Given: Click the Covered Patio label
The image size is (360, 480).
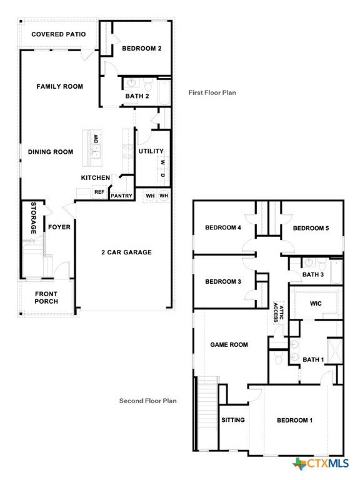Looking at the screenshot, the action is point(59,34).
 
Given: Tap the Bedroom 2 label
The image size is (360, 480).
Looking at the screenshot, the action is point(142,48).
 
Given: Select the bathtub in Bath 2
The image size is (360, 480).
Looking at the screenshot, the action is point(164,92).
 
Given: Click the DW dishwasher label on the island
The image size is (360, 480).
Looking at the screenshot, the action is point(96,139).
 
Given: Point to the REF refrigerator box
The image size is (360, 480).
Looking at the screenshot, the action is point(99,192).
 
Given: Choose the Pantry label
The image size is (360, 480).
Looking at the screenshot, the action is point(121,196).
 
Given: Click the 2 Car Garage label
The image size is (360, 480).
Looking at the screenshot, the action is point(126,252).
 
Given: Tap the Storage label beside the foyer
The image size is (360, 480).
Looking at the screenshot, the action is point(33,218).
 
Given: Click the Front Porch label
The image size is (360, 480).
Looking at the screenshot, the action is point(46,297).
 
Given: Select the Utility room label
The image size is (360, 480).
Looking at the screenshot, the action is point(151,151).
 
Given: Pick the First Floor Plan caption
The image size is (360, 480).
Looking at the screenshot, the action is point(212,92).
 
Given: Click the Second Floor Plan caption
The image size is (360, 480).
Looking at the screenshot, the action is point(148,401).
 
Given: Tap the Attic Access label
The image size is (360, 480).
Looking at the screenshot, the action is point(278,312).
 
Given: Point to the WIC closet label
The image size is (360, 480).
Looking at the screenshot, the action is point(316,304).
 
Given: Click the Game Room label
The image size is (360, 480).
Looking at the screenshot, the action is point(229,345).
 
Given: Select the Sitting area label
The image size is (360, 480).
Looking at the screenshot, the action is point(233,420).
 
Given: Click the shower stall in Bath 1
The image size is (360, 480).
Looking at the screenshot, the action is point(335,351).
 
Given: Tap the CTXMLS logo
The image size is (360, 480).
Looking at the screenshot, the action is point(321,464).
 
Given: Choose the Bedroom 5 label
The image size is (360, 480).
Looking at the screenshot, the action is point(311,228).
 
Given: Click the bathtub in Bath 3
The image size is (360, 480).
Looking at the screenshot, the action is point(336,272).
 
